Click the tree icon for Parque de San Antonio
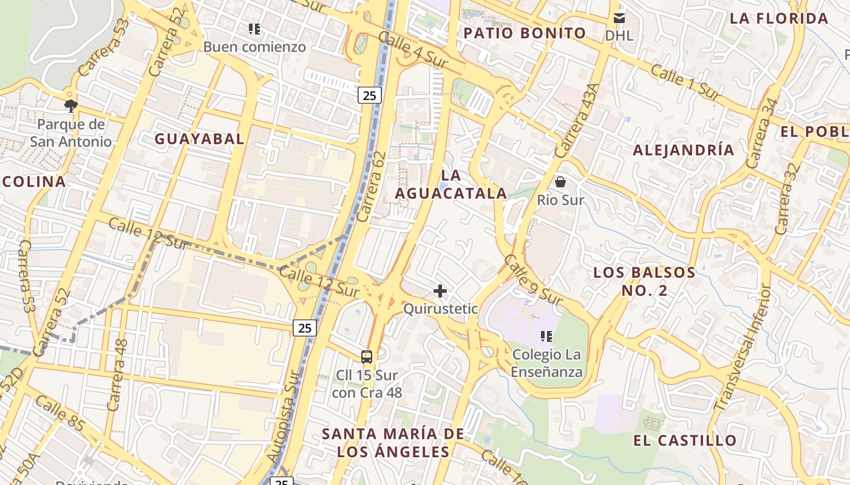(71, 106)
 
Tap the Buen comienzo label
(254, 47)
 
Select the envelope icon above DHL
(619, 18)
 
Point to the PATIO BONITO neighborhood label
(525, 33)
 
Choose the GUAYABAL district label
(199, 139)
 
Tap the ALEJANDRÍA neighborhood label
(683, 150)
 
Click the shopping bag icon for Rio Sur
(560, 181)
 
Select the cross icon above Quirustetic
(440, 292)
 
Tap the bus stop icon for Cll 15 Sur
(366, 356)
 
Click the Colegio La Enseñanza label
(546, 363)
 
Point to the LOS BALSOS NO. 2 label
(644, 281)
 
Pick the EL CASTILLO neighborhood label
(685, 440)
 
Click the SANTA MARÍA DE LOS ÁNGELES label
(393, 443)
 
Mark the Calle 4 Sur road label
(413, 49)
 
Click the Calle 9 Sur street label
(532, 280)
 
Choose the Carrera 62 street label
(372, 186)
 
